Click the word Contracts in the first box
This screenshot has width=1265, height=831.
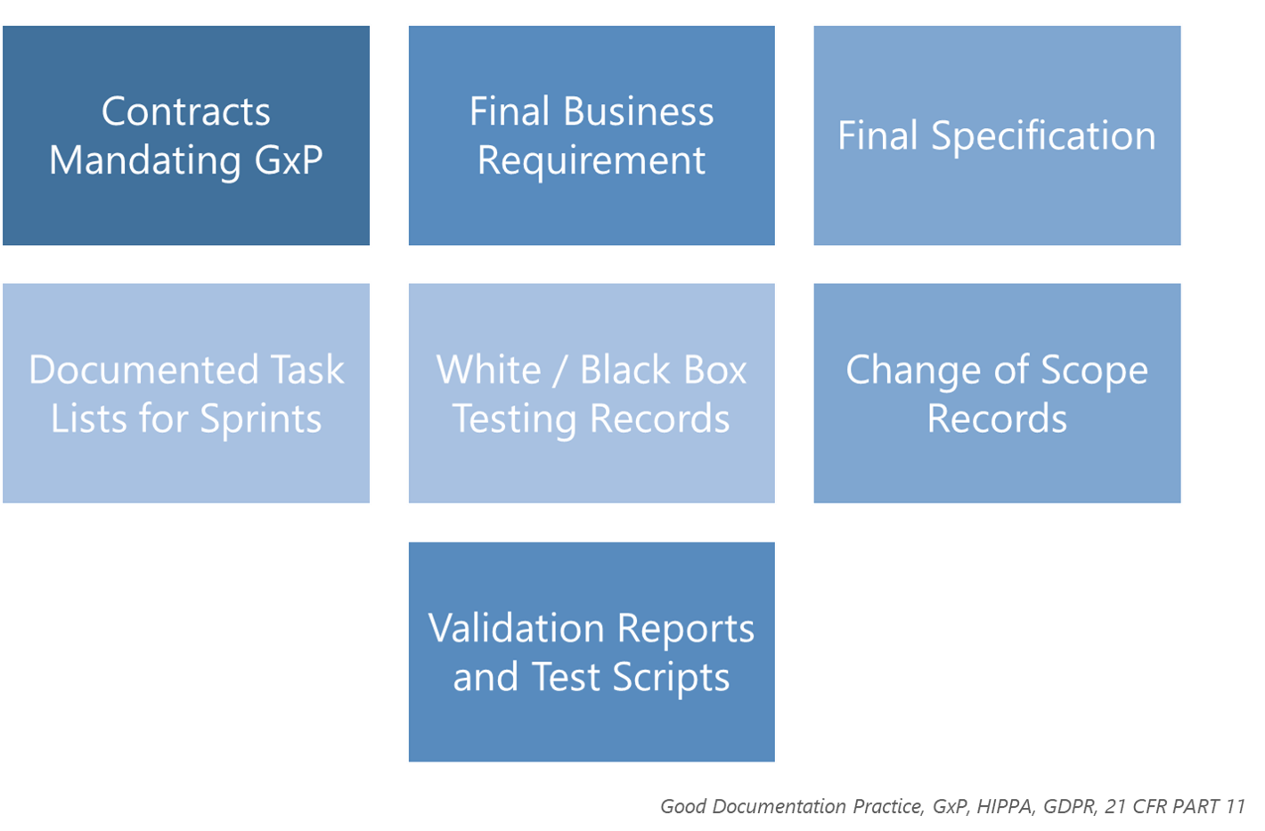click(186, 111)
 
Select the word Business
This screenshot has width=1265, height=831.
click(639, 110)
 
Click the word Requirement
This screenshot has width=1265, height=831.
click(592, 162)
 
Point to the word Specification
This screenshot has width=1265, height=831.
click(1044, 137)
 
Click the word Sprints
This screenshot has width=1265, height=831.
click(261, 420)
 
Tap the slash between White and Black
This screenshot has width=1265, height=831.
click(560, 371)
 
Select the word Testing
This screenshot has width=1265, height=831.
click(515, 420)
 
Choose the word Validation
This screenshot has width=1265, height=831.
click(516, 628)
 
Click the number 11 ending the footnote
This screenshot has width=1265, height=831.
click(1235, 806)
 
